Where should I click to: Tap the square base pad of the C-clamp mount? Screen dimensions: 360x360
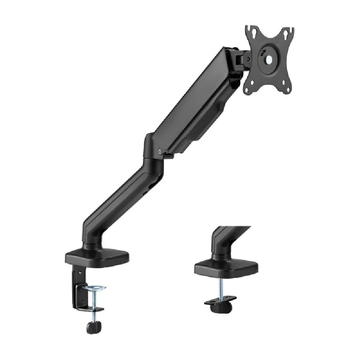pyautogui.click(x=97, y=257)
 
